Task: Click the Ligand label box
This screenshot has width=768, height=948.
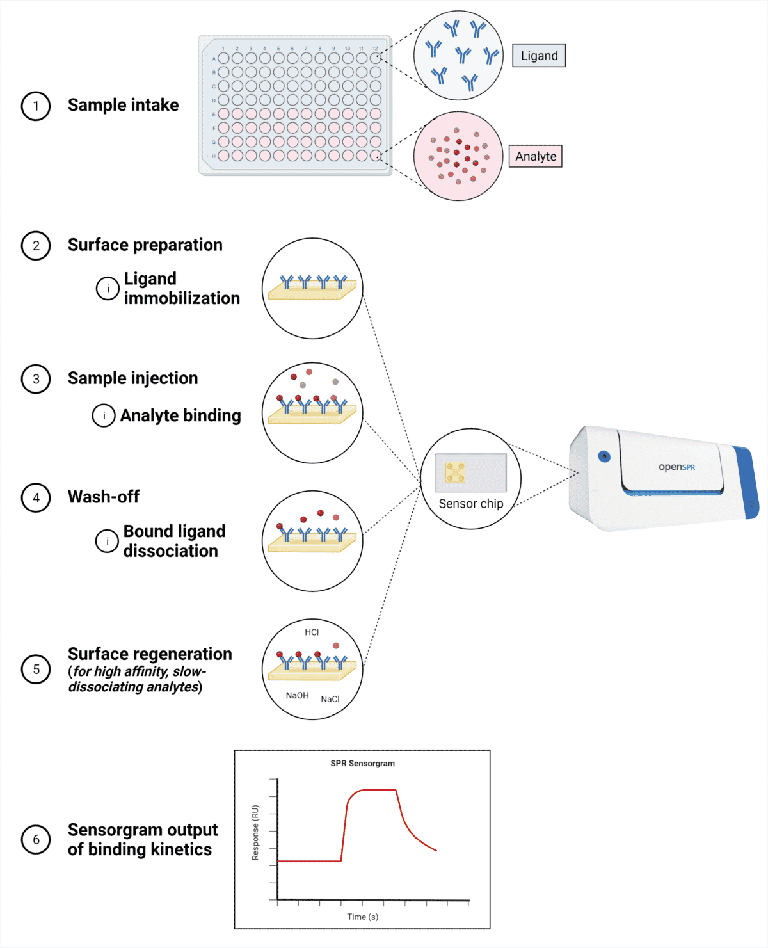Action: (539, 56)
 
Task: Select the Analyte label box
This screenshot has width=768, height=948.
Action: (536, 156)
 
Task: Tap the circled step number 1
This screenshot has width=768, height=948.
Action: (36, 106)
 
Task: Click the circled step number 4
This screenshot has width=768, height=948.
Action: (36, 498)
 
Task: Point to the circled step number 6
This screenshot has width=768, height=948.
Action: (36, 840)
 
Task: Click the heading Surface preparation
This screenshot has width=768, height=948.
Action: (145, 245)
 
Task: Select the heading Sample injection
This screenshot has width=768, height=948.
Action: (133, 378)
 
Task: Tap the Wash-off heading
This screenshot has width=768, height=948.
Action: (104, 497)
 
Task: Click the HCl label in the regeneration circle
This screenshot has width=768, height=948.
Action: (312, 632)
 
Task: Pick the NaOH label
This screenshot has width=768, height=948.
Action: (298, 696)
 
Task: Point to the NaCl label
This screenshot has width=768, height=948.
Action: (330, 699)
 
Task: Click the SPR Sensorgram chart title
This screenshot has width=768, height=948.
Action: (362, 764)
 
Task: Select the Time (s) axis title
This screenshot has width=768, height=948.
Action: (362, 917)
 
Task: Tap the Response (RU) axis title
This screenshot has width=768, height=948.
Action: (255, 832)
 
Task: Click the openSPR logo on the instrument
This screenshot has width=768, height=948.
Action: (676, 467)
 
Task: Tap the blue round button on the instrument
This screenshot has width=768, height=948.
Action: (604, 456)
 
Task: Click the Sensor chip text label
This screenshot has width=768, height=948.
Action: (471, 504)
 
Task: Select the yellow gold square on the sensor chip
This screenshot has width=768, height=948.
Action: (455, 472)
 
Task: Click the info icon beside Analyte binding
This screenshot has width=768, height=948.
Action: (104, 415)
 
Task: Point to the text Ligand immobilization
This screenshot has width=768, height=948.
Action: (182, 289)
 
